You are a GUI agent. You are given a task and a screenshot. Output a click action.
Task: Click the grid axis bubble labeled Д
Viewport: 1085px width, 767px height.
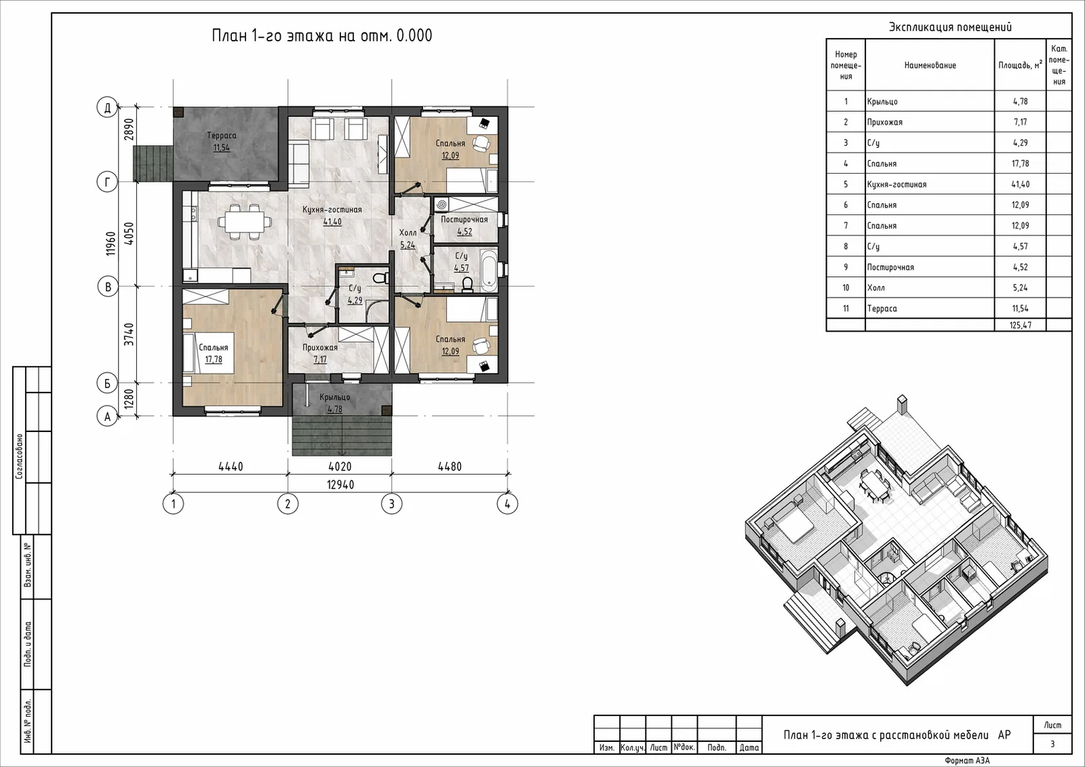(x=108, y=107)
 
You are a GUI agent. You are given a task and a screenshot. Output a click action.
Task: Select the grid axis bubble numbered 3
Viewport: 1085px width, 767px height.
(x=391, y=504)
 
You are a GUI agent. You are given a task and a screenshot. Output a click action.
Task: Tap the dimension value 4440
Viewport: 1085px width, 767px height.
(x=231, y=467)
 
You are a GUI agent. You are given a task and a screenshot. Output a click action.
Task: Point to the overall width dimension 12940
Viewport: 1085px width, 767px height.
(x=340, y=484)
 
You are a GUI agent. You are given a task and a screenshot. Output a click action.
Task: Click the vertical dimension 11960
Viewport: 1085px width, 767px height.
(x=111, y=243)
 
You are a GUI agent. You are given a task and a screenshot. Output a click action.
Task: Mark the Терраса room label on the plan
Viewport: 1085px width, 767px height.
(x=221, y=136)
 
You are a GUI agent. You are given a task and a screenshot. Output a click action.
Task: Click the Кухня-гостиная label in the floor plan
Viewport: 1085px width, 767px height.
(x=332, y=210)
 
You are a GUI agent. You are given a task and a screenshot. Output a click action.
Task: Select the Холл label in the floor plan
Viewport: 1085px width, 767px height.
(x=408, y=233)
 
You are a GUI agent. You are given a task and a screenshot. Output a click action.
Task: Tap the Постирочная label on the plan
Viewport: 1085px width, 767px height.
(x=464, y=220)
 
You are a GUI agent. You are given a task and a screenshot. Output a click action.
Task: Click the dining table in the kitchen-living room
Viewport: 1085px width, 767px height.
(x=241, y=222)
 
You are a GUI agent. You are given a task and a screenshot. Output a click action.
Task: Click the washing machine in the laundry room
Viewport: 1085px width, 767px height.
(x=441, y=205)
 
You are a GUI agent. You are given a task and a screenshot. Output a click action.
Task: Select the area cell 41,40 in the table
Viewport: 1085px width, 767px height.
(x=1020, y=184)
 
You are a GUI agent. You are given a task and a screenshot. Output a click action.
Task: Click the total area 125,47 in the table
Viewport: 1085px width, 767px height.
(x=1020, y=325)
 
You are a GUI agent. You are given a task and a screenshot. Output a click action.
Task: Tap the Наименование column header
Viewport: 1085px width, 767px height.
(x=930, y=65)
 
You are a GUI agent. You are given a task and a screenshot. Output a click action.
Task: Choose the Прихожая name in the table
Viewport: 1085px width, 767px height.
(x=884, y=122)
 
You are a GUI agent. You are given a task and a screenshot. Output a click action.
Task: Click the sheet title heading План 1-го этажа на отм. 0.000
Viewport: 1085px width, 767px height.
(x=322, y=35)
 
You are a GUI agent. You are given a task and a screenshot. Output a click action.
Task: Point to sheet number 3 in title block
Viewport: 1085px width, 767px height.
(x=1052, y=744)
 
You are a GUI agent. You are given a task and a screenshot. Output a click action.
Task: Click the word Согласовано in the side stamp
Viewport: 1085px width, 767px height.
(x=19, y=456)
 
